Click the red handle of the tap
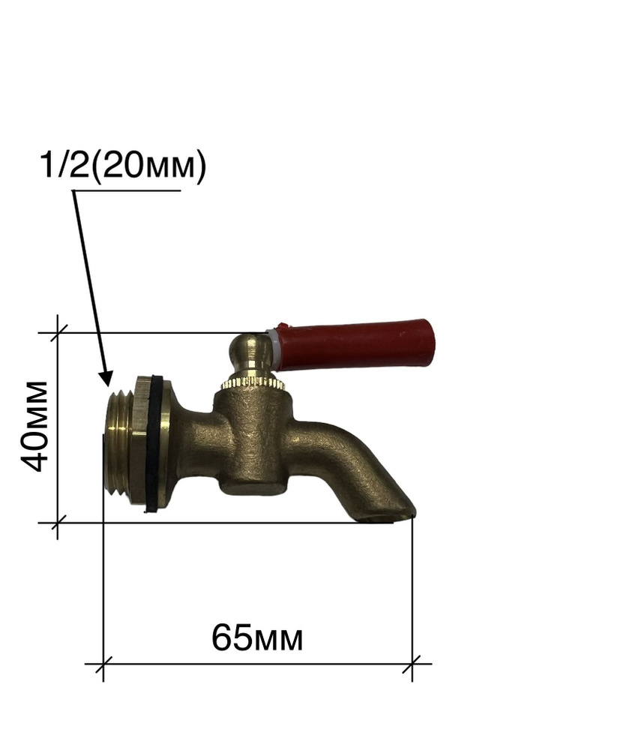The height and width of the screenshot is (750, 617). point(355,345)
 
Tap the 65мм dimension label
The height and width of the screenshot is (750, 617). point(257,637)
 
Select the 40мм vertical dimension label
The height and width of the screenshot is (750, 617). point(35,427)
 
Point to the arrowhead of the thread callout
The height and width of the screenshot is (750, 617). point(106,379)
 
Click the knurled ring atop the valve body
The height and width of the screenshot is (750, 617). point(253,382)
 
